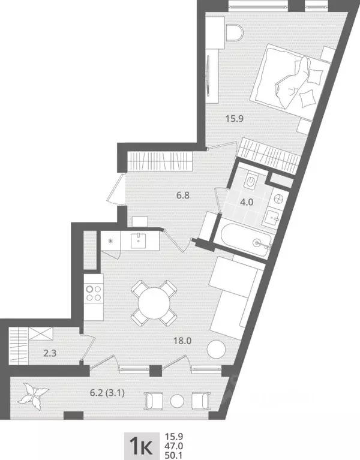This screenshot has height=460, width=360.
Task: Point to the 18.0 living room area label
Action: click(182, 341)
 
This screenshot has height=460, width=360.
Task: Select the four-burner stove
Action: click(94, 292)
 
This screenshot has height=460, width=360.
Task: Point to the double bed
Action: click(287, 83)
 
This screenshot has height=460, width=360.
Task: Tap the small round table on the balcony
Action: click(176, 401)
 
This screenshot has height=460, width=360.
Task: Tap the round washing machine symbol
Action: click(278, 197)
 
